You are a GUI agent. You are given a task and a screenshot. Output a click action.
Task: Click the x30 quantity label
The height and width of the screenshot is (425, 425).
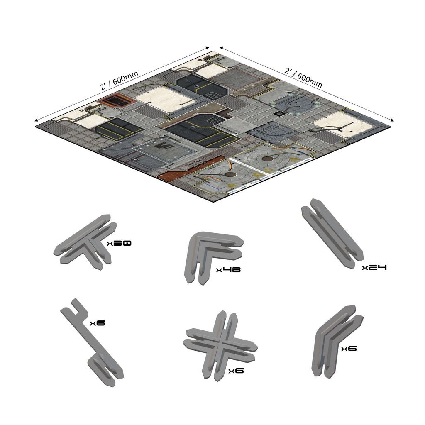(x=119, y=243)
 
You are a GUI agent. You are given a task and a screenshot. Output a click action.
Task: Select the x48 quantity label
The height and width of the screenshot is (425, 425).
(x=228, y=269)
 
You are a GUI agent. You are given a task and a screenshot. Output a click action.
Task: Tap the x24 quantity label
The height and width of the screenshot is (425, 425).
(x=374, y=268)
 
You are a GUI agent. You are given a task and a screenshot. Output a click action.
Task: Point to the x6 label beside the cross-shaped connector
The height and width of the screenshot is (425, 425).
(x=236, y=371)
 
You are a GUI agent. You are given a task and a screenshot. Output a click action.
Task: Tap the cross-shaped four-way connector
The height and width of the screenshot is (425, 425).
(x=220, y=346)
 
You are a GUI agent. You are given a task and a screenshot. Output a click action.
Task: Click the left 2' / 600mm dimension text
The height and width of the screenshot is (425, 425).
(x=119, y=81)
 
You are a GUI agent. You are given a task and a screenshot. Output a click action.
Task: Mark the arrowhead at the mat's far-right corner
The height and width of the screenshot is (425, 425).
(x=392, y=120)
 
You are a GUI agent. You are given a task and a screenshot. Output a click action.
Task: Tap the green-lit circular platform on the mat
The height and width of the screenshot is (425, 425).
(x=296, y=105)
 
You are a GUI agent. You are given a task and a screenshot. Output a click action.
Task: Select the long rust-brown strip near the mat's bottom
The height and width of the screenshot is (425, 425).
(x=187, y=168)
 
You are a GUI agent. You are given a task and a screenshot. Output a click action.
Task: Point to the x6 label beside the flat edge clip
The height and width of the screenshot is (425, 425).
(x=97, y=323)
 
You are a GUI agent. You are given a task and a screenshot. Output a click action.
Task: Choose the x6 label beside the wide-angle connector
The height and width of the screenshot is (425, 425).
(x=349, y=349)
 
